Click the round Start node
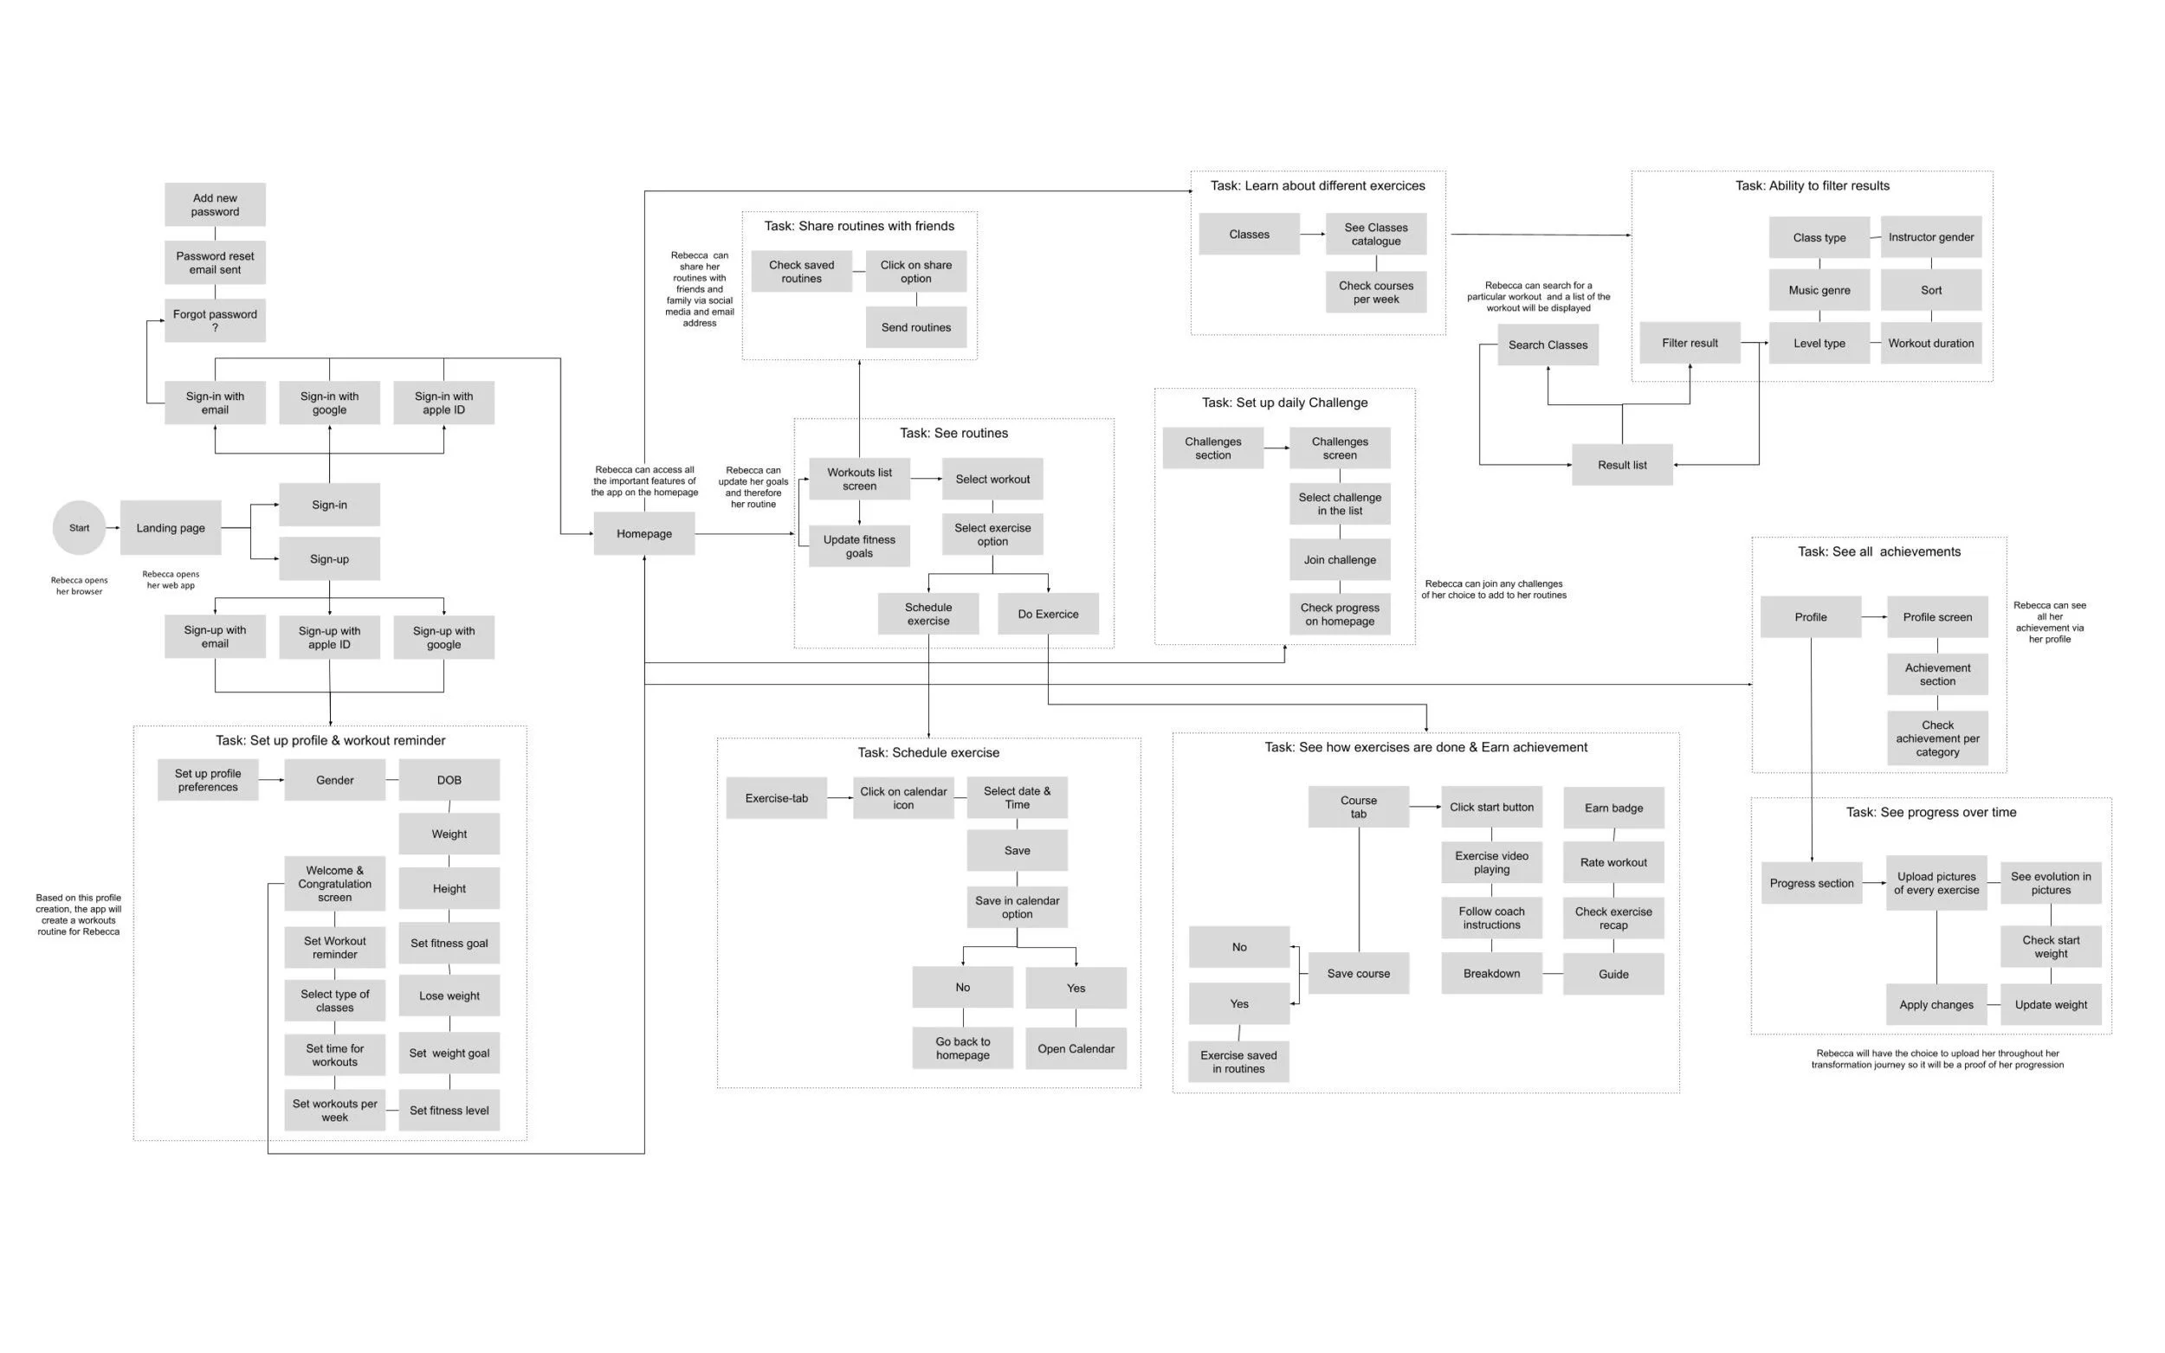(x=79, y=528)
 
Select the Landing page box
(x=170, y=528)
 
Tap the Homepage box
(x=643, y=533)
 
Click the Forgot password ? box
(x=215, y=320)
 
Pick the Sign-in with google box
(x=329, y=403)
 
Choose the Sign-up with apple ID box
(x=329, y=637)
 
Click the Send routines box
(x=915, y=327)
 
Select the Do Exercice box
(x=1048, y=614)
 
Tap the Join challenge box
(x=1339, y=560)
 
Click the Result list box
(x=1622, y=466)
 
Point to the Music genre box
(x=1819, y=290)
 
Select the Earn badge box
(x=1612, y=808)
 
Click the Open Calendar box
(x=1076, y=1049)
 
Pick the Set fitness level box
(x=449, y=1111)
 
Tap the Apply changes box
(x=1936, y=1005)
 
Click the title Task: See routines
(x=953, y=433)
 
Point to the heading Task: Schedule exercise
(x=928, y=752)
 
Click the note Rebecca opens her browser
(x=79, y=585)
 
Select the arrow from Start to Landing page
(x=113, y=528)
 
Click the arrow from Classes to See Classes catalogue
(x=1312, y=235)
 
